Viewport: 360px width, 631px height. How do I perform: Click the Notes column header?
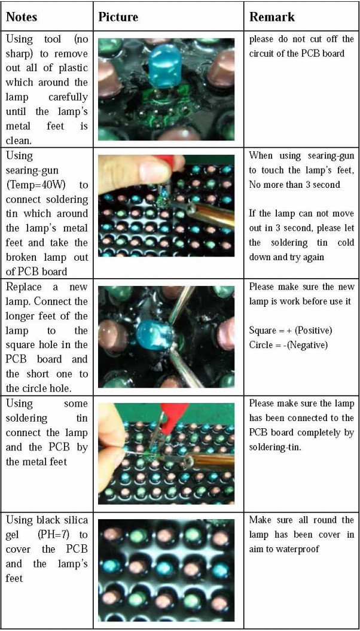(22, 17)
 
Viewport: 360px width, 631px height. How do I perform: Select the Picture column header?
(118, 17)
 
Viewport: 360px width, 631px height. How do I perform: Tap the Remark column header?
(272, 17)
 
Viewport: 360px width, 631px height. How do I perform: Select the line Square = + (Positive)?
(291, 331)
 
